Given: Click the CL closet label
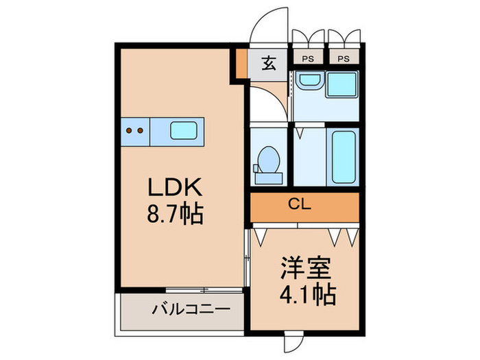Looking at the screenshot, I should (x=304, y=204).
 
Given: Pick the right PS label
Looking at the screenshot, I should (x=343, y=58).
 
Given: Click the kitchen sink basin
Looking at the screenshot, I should (x=183, y=131).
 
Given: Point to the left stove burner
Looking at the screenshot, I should (x=128, y=130).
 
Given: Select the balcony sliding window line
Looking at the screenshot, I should (x=204, y=291).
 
